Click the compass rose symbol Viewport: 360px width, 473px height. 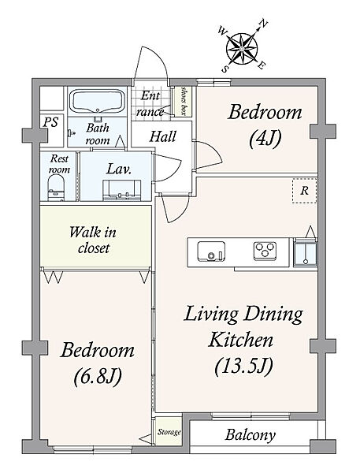point(242,49)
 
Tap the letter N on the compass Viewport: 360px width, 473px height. point(264,23)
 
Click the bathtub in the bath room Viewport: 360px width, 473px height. point(98,102)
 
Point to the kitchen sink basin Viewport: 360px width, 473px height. point(211,251)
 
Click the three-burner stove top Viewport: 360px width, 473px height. point(265,251)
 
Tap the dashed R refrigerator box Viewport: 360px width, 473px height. point(305,191)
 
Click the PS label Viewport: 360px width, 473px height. point(50,122)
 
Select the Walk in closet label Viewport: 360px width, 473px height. point(93,240)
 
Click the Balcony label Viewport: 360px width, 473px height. point(251,435)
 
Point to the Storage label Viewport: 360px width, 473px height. point(169,432)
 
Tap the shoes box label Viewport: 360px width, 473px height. point(184,101)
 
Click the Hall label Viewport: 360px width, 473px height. point(163,136)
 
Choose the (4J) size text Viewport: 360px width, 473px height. point(265,139)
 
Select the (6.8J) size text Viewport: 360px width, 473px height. point(98,377)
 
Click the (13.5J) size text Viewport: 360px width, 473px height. point(243,366)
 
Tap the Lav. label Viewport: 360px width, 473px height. point(119,169)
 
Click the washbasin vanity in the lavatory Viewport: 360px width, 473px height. point(121,190)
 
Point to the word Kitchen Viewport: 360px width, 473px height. point(240,340)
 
